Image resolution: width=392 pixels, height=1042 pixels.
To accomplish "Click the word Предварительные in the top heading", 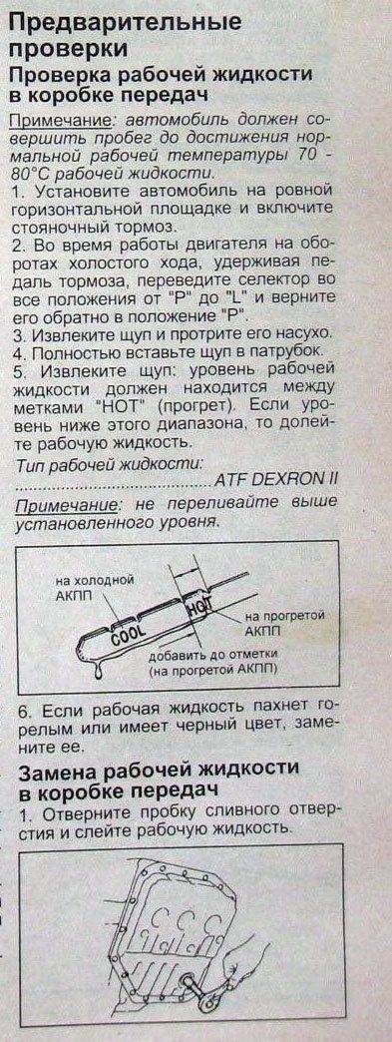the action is pos(125,23).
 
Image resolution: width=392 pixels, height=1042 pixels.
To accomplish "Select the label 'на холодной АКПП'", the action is pos(95,587).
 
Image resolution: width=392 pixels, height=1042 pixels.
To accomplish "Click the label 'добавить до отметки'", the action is pos(212,654).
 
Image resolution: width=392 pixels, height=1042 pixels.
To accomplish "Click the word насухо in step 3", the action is pos(306,332).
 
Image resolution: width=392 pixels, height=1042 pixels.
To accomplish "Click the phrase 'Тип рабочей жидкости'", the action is pos(109,462).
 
